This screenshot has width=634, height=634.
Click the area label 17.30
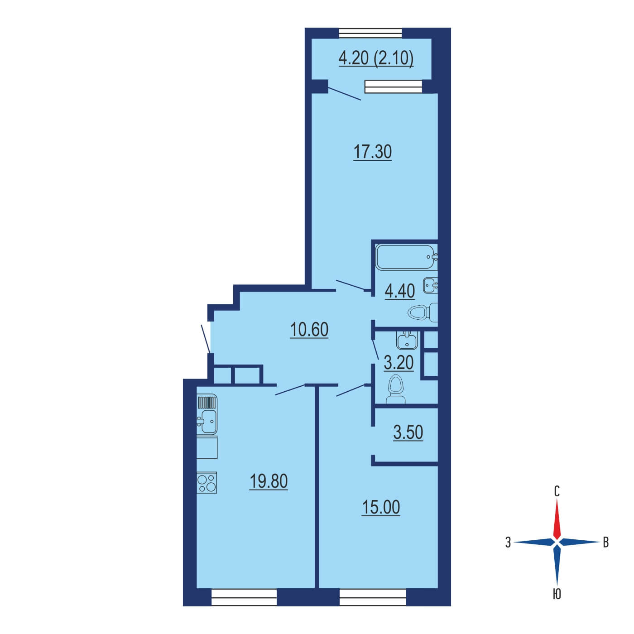(372, 153)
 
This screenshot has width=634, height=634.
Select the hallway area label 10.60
(309, 330)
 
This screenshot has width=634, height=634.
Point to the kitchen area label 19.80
(269, 481)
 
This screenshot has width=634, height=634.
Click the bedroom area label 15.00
(381, 507)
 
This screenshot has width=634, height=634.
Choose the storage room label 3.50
(408, 432)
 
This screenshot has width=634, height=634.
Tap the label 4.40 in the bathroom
(400, 291)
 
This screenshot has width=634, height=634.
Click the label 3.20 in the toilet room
(399, 363)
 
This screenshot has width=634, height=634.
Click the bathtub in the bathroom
(407, 257)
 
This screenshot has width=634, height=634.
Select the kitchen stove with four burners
(207, 482)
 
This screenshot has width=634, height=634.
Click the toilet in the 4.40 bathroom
(423, 312)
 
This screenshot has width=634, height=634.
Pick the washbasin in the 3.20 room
(407, 340)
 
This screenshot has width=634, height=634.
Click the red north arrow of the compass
(557, 519)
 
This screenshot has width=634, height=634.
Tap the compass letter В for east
(606, 543)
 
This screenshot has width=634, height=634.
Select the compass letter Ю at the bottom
(557, 594)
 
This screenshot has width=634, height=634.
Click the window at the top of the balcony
(370, 33)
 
